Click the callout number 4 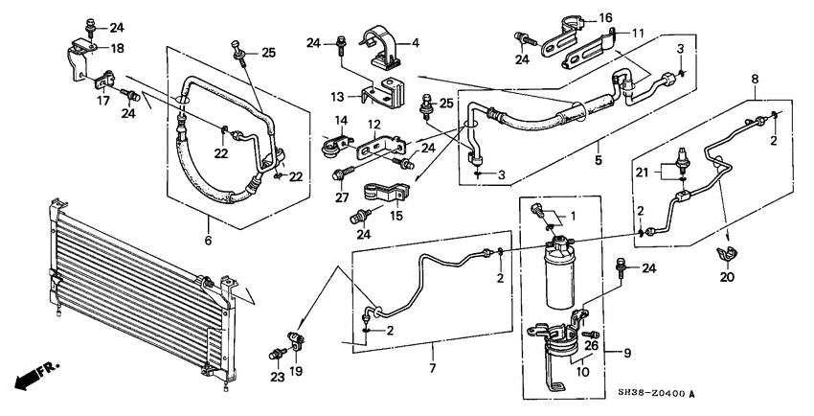(x=416, y=42)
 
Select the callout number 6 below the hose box (x=208, y=240)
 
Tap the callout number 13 (x=337, y=97)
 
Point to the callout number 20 (x=727, y=277)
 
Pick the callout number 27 (x=341, y=197)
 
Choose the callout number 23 (x=277, y=377)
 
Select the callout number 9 (x=627, y=354)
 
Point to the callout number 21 (x=643, y=173)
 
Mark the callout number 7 (x=433, y=368)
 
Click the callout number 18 (x=118, y=48)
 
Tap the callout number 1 (x=573, y=215)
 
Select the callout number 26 (x=592, y=345)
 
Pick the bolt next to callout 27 (x=343, y=173)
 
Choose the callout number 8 (x=755, y=80)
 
